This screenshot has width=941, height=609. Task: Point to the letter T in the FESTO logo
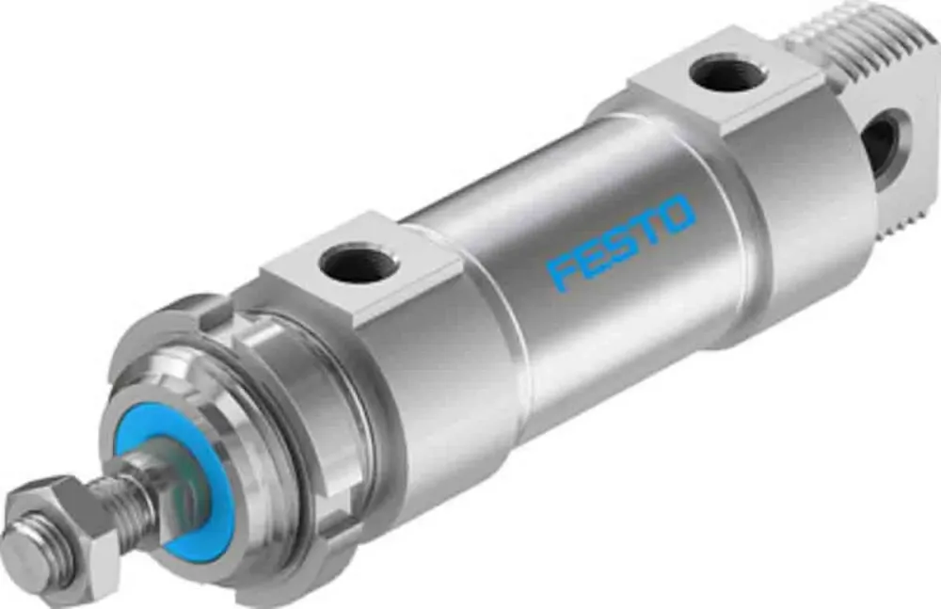(x=648, y=231)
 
